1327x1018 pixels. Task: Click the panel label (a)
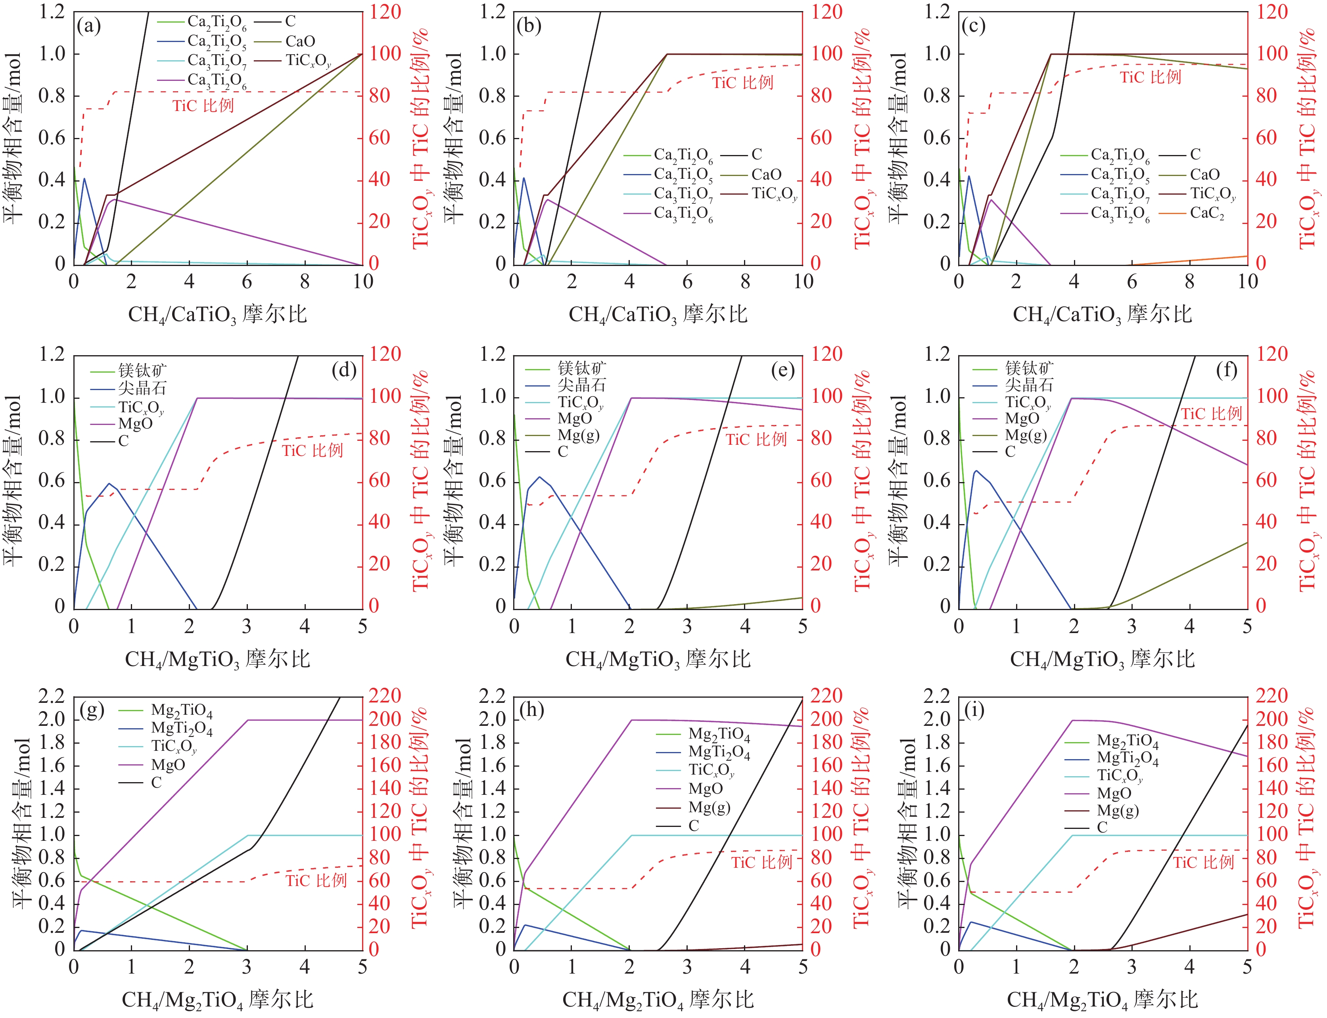tap(88, 26)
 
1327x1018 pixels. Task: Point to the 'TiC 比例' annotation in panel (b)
tap(742, 82)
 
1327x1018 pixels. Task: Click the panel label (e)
tap(782, 370)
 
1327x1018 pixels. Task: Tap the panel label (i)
tap(974, 710)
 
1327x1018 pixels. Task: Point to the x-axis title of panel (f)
tap(1102, 659)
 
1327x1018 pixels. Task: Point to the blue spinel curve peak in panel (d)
tap(109, 484)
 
